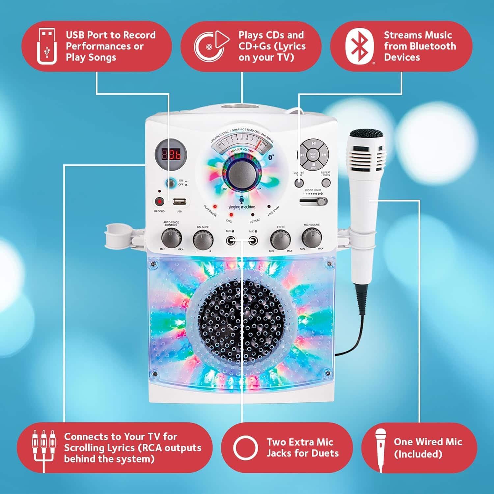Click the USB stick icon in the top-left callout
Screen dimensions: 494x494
point(47,46)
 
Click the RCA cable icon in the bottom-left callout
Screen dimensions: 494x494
point(43,448)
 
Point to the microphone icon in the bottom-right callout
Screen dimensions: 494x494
point(381,448)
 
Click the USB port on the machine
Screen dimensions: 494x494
point(179,202)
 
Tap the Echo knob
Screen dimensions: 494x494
point(280,239)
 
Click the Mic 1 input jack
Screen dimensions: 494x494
point(231,241)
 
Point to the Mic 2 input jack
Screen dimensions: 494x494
point(253,241)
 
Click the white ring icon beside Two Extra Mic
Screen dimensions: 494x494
point(245,448)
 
